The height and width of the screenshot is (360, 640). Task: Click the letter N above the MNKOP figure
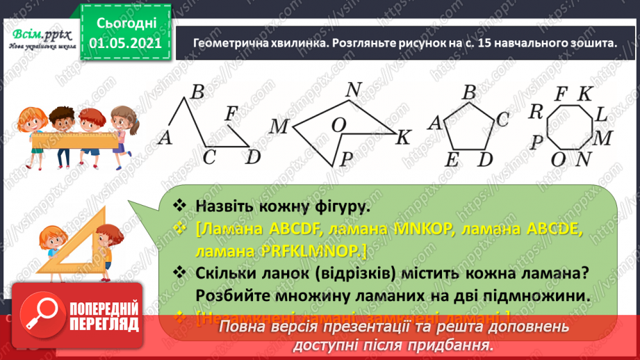click(x=354, y=90)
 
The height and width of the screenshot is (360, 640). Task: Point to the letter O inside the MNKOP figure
click(x=338, y=125)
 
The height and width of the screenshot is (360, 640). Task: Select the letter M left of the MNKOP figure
click(x=279, y=126)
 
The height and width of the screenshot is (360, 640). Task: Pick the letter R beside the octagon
click(x=535, y=111)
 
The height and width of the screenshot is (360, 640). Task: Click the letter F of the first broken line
click(x=233, y=113)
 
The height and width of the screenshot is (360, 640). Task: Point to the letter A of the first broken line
click(x=165, y=138)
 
